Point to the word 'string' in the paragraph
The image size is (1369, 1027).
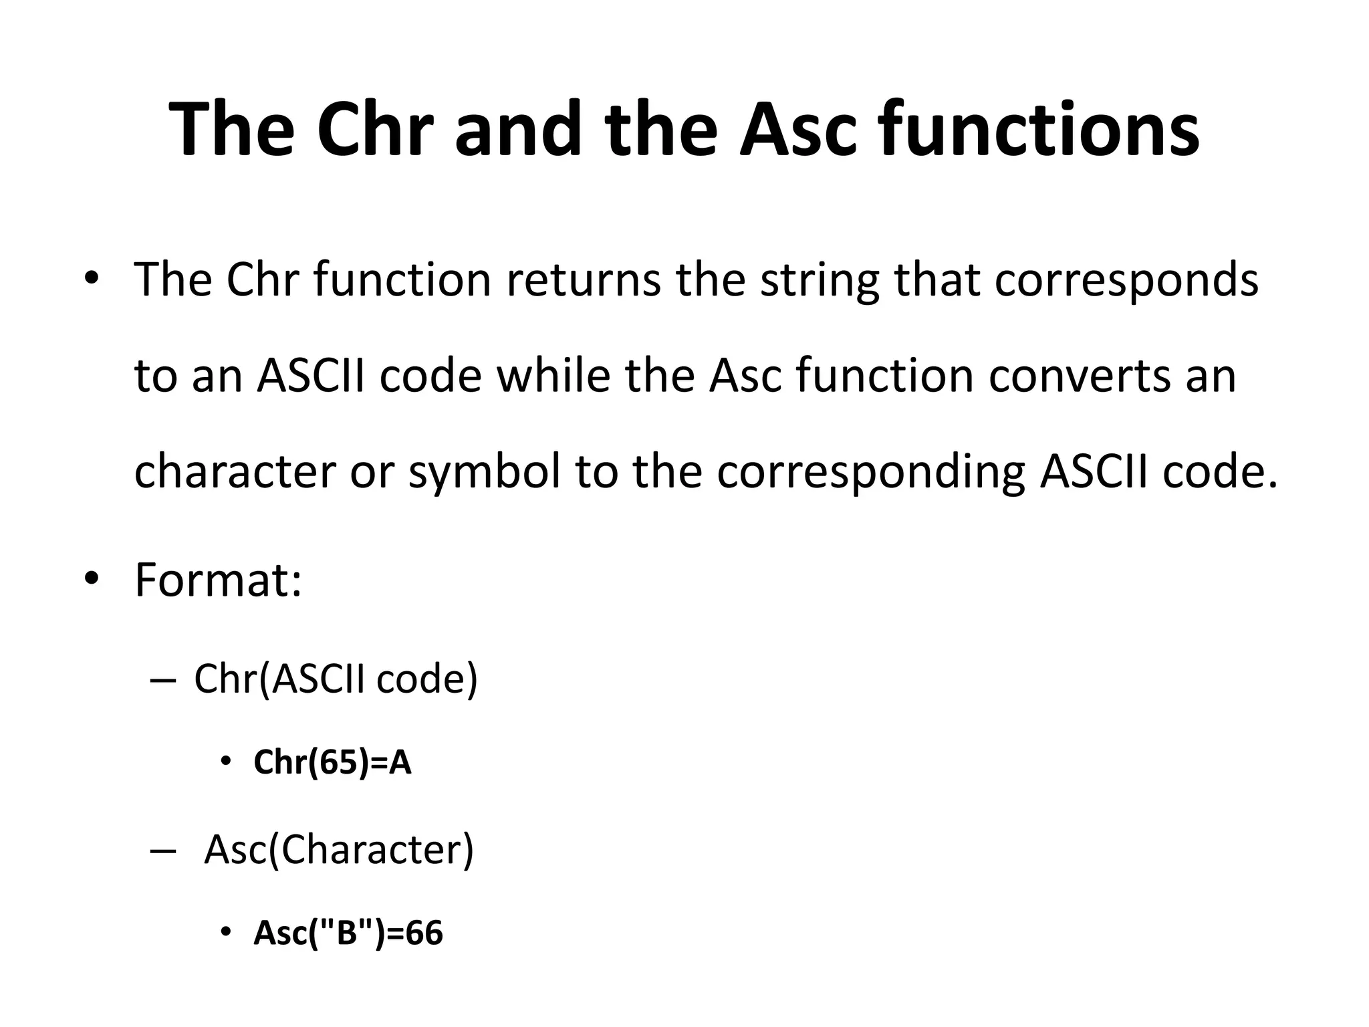click(x=820, y=281)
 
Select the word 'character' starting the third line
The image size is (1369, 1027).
click(x=235, y=471)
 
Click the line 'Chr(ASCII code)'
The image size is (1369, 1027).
click(x=336, y=679)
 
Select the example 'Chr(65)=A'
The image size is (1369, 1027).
click(x=332, y=762)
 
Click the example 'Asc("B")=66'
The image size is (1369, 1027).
click(x=348, y=933)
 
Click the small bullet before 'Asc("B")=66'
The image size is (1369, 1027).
click(x=226, y=932)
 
